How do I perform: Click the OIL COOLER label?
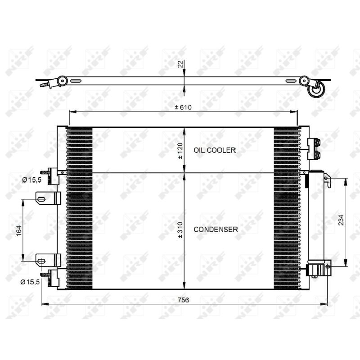(215, 150)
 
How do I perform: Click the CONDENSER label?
(216, 229)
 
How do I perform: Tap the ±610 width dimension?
(183, 107)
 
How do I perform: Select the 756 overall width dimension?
(184, 300)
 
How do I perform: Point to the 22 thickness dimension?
(181, 64)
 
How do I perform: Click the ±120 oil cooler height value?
(180, 151)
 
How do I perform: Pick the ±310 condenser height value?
(180, 230)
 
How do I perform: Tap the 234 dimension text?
(342, 220)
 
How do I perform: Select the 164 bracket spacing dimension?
(19, 230)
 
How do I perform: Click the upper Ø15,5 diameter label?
(31, 180)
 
